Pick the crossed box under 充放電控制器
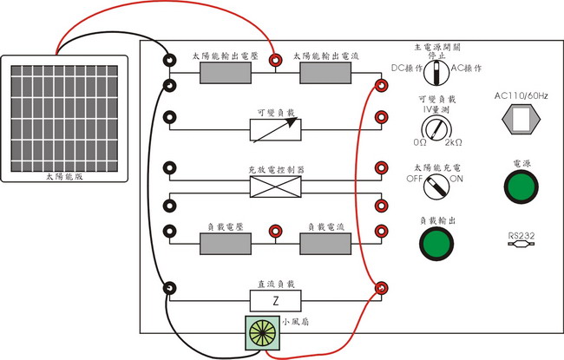tap(275, 187)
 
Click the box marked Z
tap(275, 301)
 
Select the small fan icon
tap(261, 332)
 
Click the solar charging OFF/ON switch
tap(436, 184)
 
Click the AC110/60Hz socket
tap(521, 120)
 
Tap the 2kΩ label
tap(456, 142)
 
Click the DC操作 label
tap(406, 67)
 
